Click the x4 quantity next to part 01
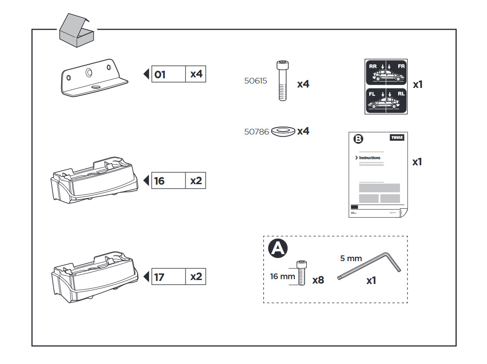click(196, 74)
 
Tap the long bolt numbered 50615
click(283, 81)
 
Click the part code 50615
click(255, 81)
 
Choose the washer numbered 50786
click(283, 131)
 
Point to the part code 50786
click(257, 131)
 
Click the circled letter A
click(278, 248)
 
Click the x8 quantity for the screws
click(318, 280)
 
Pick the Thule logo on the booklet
click(397, 138)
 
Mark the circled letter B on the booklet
click(359, 139)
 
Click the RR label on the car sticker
click(373, 66)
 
